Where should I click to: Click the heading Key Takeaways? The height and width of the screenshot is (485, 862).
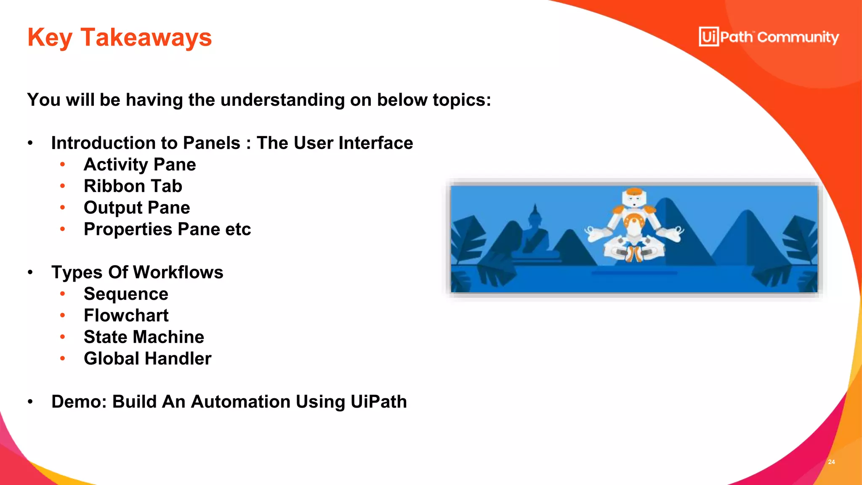pyautogui.click(x=120, y=37)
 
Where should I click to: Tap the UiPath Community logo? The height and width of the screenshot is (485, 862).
pyautogui.click(x=769, y=37)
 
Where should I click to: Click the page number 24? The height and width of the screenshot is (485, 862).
pyautogui.click(x=831, y=462)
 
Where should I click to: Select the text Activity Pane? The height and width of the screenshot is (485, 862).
pyautogui.click(x=140, y=165)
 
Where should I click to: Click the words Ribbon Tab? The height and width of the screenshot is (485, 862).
pyautogui.click(x=133, y=186)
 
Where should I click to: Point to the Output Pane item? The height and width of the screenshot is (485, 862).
pyautogui.click(x=137, y=208)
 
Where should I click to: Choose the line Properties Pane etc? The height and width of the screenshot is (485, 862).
pyautogui.click(x=167, y=229)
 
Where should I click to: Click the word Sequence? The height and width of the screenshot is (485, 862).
pyautogui.click(x=126, y=294)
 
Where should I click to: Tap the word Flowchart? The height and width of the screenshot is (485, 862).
pyautogui.click(x=126, y=315)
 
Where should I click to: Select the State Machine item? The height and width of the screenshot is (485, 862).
pyautogui.click(x=144, y=337)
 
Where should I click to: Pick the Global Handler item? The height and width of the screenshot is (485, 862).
pyautogui.click(x=147, y=359)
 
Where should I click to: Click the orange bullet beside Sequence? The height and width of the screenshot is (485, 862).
pyautogui.click(x=62, y=293)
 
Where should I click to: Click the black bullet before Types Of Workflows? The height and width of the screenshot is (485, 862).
pyautogui.click(x=30, y=272)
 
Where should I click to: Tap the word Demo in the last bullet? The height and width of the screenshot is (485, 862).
pyautogui.click(x=79, y=402)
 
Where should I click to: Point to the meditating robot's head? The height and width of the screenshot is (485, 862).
pyautogui.click(x=634, y=198)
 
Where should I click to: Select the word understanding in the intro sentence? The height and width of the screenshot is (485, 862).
pyautogui.click(x=282, y=100)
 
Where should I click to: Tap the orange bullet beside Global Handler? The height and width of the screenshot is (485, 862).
pyautogui.click(x=62, y=358)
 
